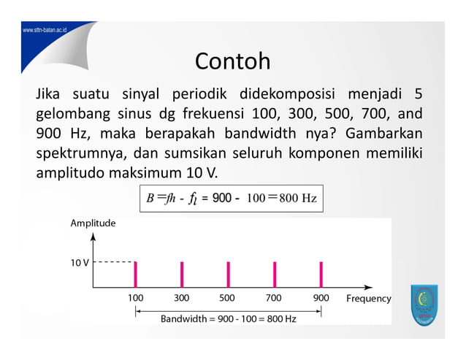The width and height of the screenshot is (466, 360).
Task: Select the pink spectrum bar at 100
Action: [x=135, y=275]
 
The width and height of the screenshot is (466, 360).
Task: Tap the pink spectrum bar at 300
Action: [x=182, y=275]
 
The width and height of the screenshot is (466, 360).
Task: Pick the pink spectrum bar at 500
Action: [x=228, y=275]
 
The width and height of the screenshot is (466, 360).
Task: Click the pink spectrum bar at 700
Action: [x=275, y=275]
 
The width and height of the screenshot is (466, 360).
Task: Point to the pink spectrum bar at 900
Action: [x=321, y=275]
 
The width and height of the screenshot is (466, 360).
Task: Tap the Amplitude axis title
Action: [x=93, y=223]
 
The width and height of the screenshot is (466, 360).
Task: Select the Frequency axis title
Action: [x=368, y=299]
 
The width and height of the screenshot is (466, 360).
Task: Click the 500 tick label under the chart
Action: [x=227, y=298]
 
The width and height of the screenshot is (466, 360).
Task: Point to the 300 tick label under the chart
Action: [x=181, y=298]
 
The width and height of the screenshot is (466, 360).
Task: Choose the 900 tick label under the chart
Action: [x=321, y=298]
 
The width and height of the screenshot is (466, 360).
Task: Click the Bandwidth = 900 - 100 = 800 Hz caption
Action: [x=228, y=319]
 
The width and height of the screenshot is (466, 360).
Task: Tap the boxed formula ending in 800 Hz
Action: [x=231, y=198]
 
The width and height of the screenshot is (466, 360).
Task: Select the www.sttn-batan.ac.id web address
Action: [x=45, y=31]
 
